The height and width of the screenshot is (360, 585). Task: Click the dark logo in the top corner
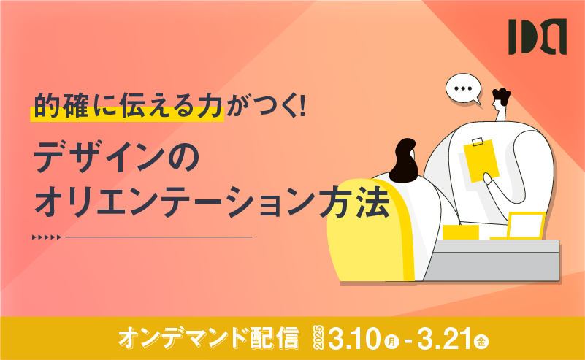coord(538,37)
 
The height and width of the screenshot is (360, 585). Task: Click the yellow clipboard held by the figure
coord(481,161)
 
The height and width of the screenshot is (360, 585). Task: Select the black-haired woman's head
coord(403,161)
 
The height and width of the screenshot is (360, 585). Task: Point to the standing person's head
coord(500,100)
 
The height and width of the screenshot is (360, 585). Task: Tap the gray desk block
coord(492,261)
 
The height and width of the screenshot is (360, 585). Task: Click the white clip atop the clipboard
coord(477,142)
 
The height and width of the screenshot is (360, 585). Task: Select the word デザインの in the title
coord(117,159)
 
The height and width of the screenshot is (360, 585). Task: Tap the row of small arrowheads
coord(46,237)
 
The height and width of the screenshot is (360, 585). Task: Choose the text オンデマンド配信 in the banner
coord(209,338)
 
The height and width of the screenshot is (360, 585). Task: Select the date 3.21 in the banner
coord(444,339)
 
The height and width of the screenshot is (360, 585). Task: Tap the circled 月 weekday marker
coord(391,342)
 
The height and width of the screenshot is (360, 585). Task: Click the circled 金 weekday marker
coord(481,341)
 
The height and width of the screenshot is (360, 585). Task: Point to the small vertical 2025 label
coord(318,338)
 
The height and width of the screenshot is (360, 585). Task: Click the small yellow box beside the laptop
coord(460,232)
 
